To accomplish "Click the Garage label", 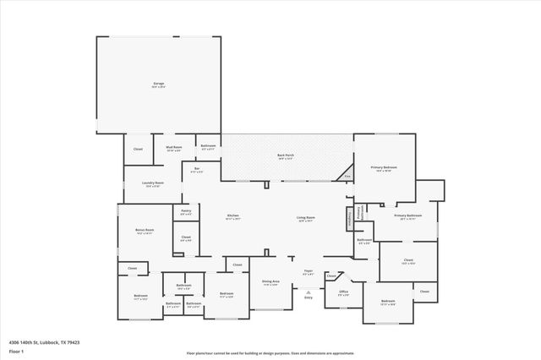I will pyautogui.click(x=158, y=84).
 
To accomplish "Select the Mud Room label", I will pyautogui.click(x=174, y=149).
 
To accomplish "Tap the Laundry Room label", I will pyautogui.click(x=153, y=183).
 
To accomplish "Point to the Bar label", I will pyautogui.click(x=197, y=170).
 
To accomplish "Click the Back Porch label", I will pyautogui.click(x=286, y=155).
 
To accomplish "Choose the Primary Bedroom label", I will pyautogui.click(x=384, y=168).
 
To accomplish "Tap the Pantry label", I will pyautogui.click(x=186, y=213).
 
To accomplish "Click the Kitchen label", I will pyautogui.click(x=232, y=217).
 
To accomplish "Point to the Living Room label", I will pyautogui.click(x=305, y=217).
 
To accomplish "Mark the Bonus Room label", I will pyautogui.click(x=145, y=230).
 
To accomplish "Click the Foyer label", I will pyautogui.click(x=309, y=271).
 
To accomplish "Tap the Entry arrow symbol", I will pyautogui.click(x=309, y=292).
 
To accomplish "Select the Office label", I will pyautogui.click(x=344, y=292).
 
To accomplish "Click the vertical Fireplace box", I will pyautogui.click(x=348, y=218).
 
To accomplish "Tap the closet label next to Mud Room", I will pyautogui.click(x=139, y=150).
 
